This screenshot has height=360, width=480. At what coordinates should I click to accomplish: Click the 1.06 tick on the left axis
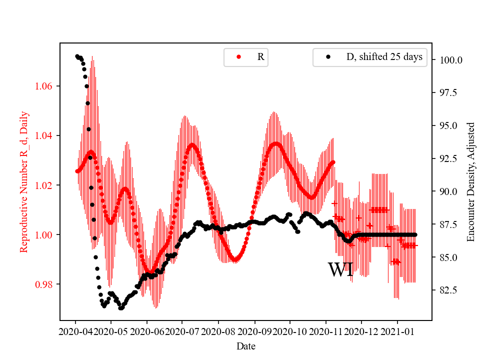46,86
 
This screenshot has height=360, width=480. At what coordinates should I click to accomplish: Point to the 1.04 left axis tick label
46,136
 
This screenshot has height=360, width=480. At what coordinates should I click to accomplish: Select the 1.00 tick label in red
46,235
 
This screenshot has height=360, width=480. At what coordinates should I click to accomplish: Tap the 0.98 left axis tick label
46,284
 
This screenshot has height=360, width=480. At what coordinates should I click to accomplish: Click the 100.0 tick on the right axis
450,60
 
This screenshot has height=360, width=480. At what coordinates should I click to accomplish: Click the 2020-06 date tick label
147,331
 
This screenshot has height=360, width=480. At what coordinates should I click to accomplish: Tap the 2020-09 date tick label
254,331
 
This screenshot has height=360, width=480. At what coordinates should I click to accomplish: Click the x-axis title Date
246,345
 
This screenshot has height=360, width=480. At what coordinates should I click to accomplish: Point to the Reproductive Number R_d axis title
24,182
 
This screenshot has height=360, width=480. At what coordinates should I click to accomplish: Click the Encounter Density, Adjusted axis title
470,182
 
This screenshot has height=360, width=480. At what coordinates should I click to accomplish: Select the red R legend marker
238,57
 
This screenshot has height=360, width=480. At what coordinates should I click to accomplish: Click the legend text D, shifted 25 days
384,57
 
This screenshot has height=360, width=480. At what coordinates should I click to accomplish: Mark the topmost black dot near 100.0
77,56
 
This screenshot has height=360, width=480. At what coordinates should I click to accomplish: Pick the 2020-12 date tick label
361,331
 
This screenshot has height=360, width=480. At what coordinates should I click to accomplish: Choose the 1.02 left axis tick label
46,185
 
